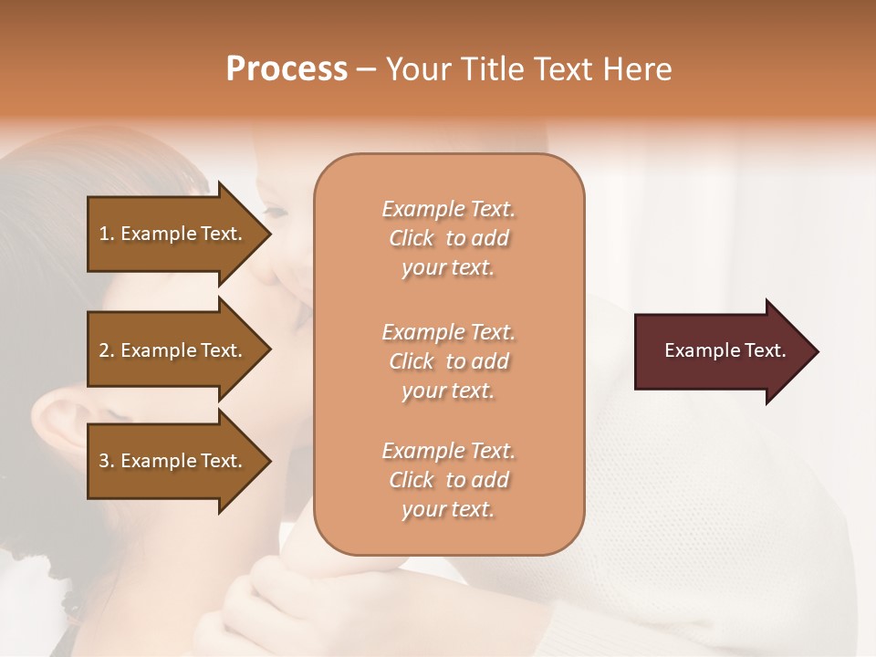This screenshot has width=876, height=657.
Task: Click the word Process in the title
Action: pos(287,69)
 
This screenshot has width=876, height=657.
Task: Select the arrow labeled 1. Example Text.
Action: pos(173,234)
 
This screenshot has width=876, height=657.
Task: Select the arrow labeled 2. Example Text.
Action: pos(173,350)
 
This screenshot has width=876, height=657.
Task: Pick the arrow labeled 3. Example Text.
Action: pos(173,461)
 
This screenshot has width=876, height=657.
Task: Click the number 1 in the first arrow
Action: pos(104,234)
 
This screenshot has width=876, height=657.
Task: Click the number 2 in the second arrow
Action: pos(104,350)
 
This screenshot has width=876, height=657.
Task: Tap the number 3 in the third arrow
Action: pos(104,461)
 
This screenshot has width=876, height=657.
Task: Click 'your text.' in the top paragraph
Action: pos(448,268)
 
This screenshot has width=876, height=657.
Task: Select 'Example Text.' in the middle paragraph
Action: pos(448,331)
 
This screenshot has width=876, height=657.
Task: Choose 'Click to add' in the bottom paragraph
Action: pos(448,480)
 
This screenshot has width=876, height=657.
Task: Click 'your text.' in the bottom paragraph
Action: pos(448,510)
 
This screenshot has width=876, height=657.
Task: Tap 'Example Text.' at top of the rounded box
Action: pos(448,209)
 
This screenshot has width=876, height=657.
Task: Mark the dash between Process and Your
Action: pos(367,70)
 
